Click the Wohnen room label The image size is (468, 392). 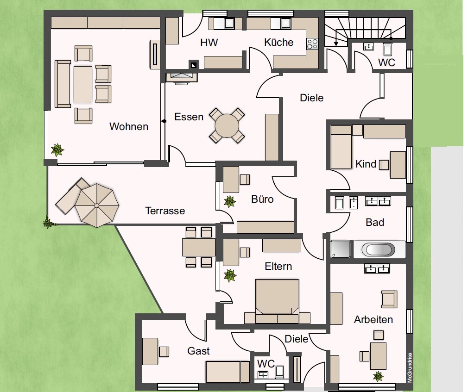pos(129,126)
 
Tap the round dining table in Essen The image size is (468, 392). pos(227,125)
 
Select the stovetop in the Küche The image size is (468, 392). pos(312,44)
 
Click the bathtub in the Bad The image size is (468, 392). pos(378,249)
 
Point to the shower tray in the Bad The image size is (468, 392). pos(340,249)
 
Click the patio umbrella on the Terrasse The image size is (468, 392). pos(97,205)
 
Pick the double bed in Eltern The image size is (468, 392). pos(277,301)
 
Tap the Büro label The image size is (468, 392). pos(262,199)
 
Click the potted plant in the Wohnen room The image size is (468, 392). pos(57,150)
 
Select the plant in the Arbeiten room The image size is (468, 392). pos(378,376)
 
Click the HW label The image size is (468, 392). pos(209,43)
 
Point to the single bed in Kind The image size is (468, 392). pos(341,147)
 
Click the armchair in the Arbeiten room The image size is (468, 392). pos(389,299)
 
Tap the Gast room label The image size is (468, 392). pos(198,351)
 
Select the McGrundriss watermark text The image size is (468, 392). pos(410,367)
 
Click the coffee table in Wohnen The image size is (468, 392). pos(83,85)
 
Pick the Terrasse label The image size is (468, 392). pos(165,211)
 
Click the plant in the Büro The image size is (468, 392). pos(230,201)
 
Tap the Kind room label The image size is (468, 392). pos(366,164)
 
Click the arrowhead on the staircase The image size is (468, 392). pos(336,44)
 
